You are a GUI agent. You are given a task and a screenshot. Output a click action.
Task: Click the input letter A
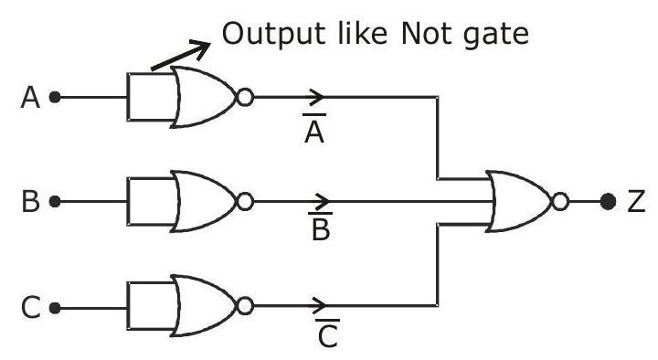tap(30, 98)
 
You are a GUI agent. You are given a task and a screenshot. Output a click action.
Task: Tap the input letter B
tap(30, 201)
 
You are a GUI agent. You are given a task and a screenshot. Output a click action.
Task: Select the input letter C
tap(31, 308)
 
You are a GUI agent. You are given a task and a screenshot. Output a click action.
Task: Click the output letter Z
tap(636, 201)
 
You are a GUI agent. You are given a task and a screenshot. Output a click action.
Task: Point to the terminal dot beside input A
tap(55, 98)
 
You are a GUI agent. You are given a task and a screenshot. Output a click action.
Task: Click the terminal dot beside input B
tap(55, 202)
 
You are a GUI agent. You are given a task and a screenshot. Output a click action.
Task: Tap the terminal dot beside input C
tap(55, 309)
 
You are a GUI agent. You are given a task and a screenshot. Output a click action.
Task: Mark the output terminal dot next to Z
tap(608, 201)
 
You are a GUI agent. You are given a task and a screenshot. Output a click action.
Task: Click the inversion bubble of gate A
tap(245, 97)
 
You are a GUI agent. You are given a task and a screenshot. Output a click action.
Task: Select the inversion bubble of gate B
tap(245, 201)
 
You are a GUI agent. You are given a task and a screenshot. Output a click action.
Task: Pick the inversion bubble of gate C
tap(245, 306)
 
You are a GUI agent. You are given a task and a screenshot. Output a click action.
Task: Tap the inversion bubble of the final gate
tap(560, 201)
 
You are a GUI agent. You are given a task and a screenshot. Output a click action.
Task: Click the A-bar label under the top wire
tap(314, 129)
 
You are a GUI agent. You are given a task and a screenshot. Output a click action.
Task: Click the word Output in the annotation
tap(273, 35)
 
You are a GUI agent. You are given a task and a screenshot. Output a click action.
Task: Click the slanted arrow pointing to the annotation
tap(180, 56)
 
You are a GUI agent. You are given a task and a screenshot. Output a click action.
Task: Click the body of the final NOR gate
tap(519, 201)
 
